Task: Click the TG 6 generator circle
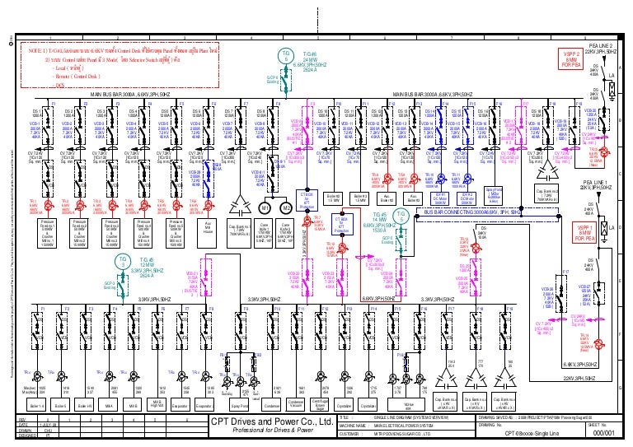(285, 54)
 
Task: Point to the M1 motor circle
(266, 207)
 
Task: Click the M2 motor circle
(286, 207)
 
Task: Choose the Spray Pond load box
(241, 406)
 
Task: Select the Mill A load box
(110, 406)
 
